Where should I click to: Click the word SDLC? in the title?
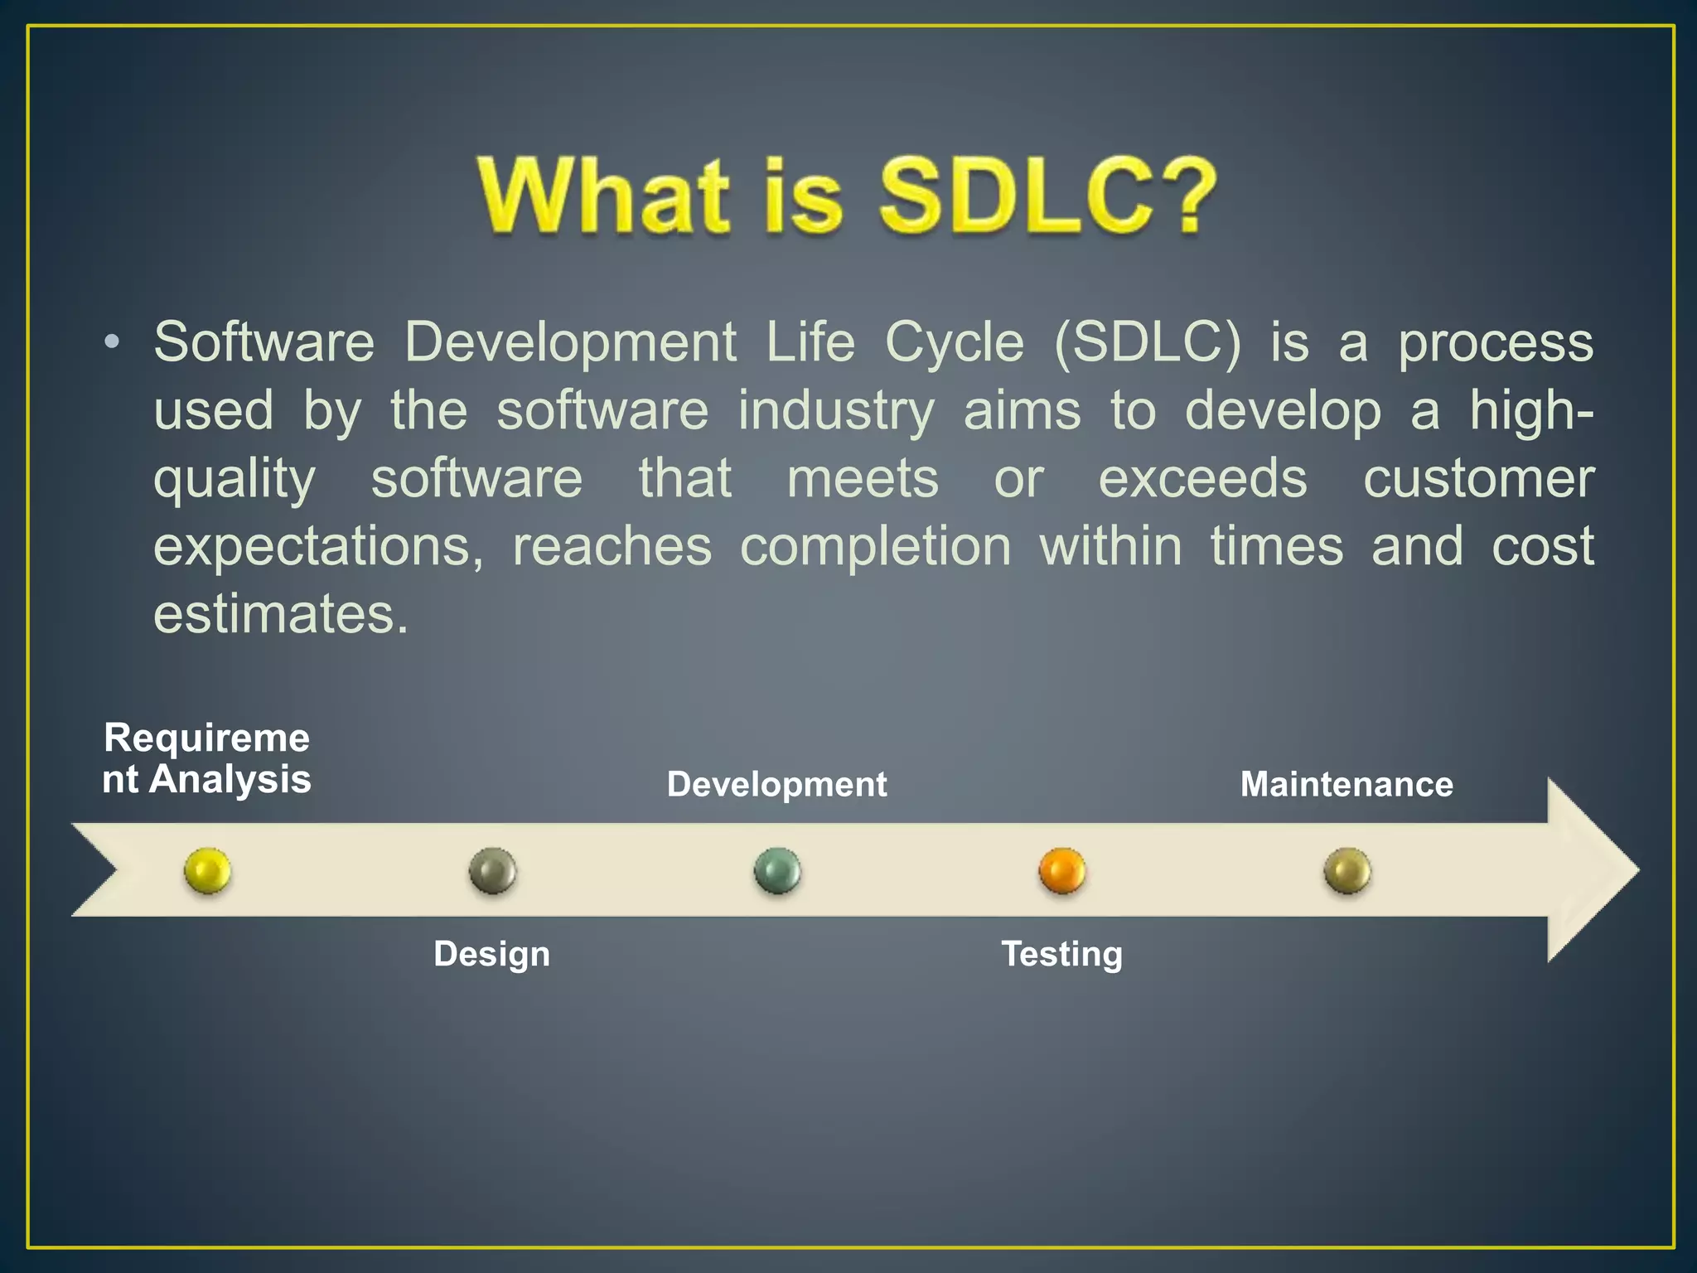1047,196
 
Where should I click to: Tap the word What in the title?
604,196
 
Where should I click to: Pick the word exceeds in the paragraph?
1202,478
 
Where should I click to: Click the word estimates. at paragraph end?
281,614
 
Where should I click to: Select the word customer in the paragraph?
1478,478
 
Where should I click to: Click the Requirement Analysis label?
206,758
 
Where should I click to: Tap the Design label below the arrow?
491,954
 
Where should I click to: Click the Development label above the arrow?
776,784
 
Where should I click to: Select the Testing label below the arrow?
1061,954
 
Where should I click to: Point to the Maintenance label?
1346,784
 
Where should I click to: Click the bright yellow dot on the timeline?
207,870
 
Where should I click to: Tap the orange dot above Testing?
1061,870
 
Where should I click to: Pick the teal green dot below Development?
777,870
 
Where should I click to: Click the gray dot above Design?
492,870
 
